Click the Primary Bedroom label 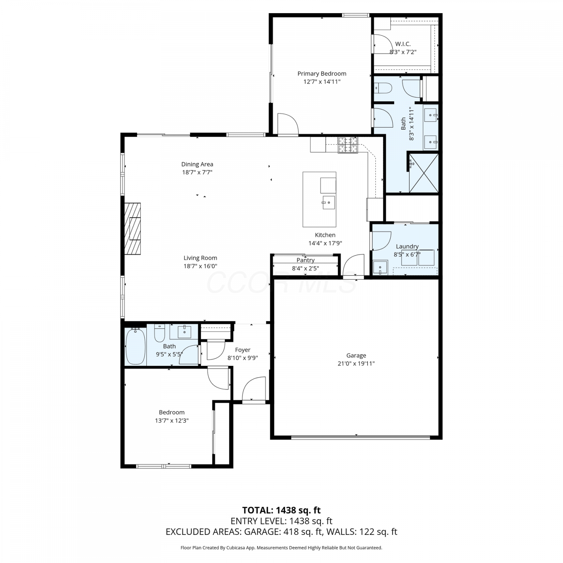(x=322, y=74)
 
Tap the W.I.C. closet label (x=403, y=44)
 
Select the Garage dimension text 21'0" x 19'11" (x=356, y=363)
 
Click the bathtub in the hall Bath (x=135, y=346)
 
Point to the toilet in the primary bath (x=383, y=88)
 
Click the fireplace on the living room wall (x=133, y=229)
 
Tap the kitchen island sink (x=328, y=203)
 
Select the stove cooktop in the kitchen (x=348, y=145)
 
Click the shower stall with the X (x=424, y=173)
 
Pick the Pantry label (x=306, y=260)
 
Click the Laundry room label (x=407, y=247)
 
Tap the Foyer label (x=243, y=350)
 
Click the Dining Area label (x=197, y=164)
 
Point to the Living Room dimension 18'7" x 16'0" (x=200, y=266)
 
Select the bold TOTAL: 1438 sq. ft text (x=281, y=510)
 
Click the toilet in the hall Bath (x=160, y=332)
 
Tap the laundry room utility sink (x=380, y=268)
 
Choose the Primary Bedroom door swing (x=288, y=123)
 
